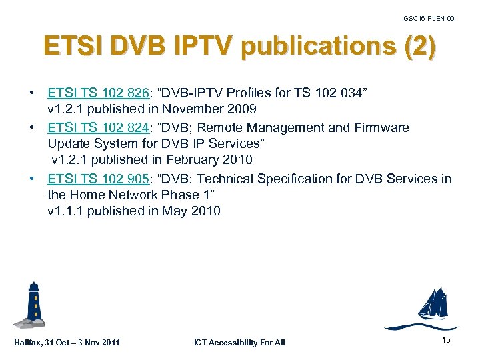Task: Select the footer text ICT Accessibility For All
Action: tap(239, 343)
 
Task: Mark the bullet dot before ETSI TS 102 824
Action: tap(32, 127)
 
